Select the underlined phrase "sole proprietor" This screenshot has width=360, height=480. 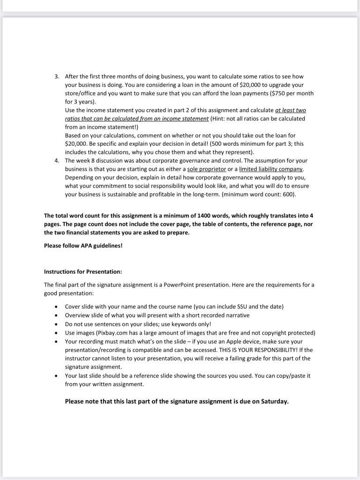tap(206, 169)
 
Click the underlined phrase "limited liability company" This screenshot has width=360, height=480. tap(271, 169)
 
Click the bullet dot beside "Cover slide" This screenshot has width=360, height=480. tap(56, 307)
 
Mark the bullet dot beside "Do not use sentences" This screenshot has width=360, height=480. tap(56, 324)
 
